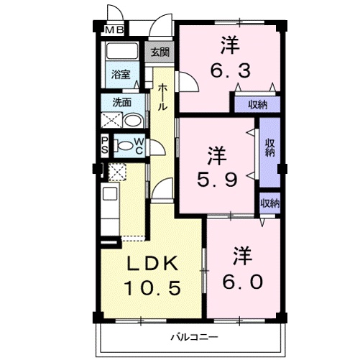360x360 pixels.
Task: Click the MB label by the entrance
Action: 114,30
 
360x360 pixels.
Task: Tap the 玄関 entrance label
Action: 160,52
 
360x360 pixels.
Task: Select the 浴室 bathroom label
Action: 121,75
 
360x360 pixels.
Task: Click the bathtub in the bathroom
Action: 122,51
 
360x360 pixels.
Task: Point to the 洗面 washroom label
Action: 122,102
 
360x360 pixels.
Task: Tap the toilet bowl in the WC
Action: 124,146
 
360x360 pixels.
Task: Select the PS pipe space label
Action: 105,145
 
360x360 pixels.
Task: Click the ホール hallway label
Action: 162,97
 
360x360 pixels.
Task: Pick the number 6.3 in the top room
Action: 231,70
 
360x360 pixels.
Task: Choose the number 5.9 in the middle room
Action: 217,180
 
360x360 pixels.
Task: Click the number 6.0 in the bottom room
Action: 242,282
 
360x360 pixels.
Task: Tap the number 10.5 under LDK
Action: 152,288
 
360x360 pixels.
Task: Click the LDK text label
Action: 152,263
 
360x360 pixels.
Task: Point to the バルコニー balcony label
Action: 194,338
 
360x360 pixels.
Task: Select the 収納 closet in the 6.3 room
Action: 257,105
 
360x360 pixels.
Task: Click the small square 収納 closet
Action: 270,203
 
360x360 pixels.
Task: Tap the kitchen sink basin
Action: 110,193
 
